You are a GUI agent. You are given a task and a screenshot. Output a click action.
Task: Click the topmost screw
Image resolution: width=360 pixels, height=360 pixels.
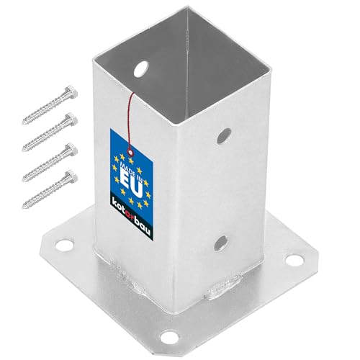50,105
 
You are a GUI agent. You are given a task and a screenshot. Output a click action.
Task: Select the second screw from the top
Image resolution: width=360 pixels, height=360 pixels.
50,132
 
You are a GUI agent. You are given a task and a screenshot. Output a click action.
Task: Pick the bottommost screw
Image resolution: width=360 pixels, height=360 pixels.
50,189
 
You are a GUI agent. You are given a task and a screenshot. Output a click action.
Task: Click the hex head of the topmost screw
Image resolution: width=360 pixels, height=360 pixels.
71,92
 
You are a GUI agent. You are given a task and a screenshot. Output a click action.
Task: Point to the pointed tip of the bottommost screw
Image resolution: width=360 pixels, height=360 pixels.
23,207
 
